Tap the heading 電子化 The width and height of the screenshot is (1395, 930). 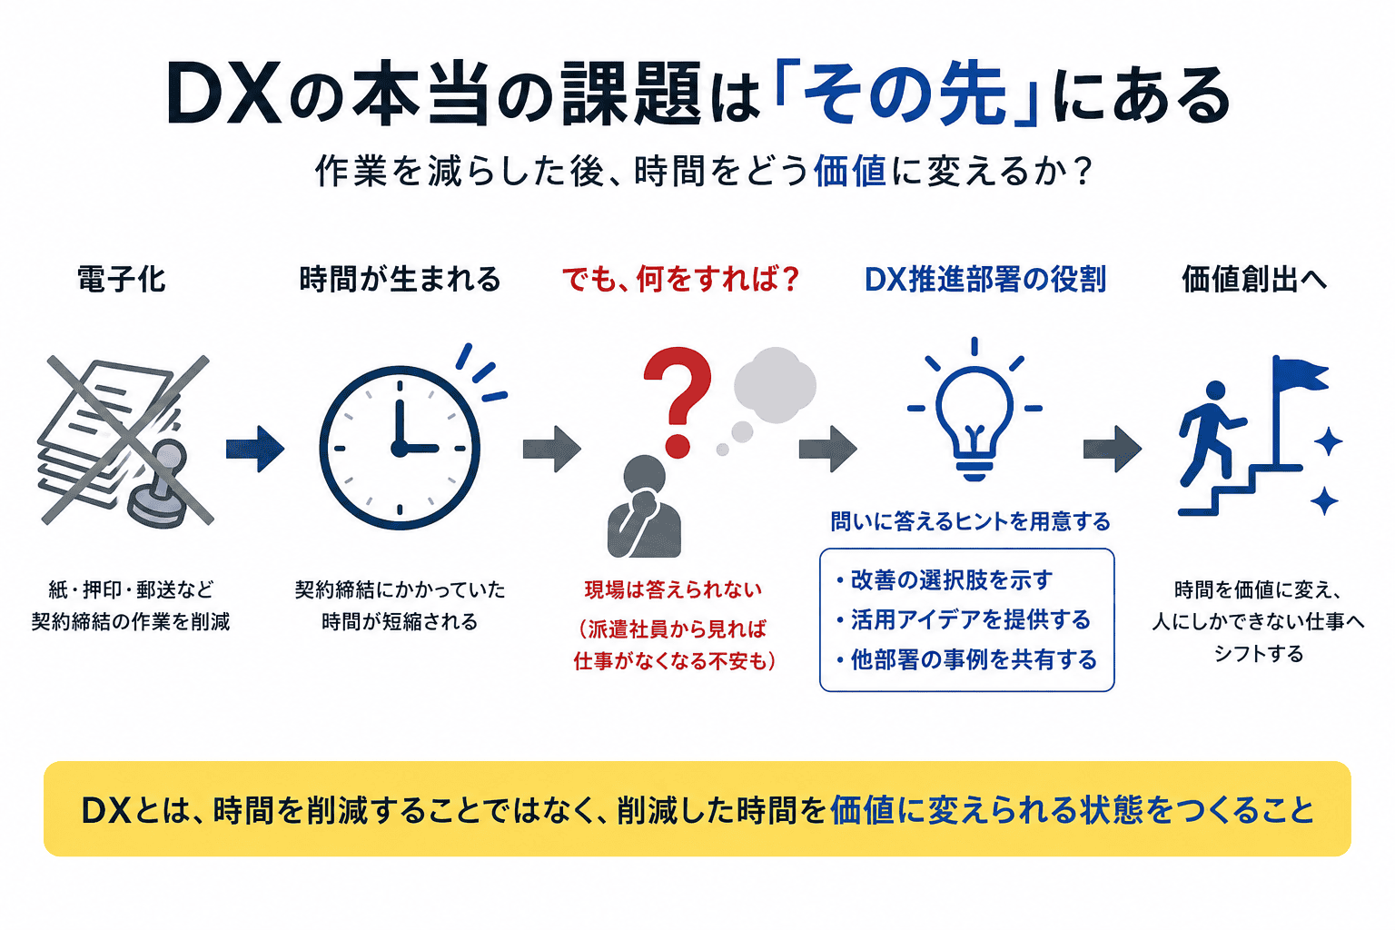pyautogui.click(x=122, y=279)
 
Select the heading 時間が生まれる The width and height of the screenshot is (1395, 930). pyautogui.click(x=400, y=279)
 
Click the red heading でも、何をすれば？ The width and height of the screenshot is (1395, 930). pyautogui.click(x=680, y=279)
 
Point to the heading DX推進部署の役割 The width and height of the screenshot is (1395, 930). pyautogui.click(x=985, y=279)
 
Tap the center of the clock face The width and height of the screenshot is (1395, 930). pyautogui.click(x=400, y=448)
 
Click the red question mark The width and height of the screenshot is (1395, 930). pyautogui.click(x=678, y=401)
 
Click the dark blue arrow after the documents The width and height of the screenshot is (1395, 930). pyautogui.click(x=255, y=449)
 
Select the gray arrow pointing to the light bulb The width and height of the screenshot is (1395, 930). pyautogui.click(x=828, y=449)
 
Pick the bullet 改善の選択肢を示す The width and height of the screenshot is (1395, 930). pyautogui.click(x=945, y=580)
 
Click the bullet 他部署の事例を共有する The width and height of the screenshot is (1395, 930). pyautogui.click(x=966, y=659)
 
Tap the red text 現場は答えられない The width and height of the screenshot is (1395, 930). pyautogui.click(x=673, y=589)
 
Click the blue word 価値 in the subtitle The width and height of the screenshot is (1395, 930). pyautogui.click(x=849, y=171)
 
